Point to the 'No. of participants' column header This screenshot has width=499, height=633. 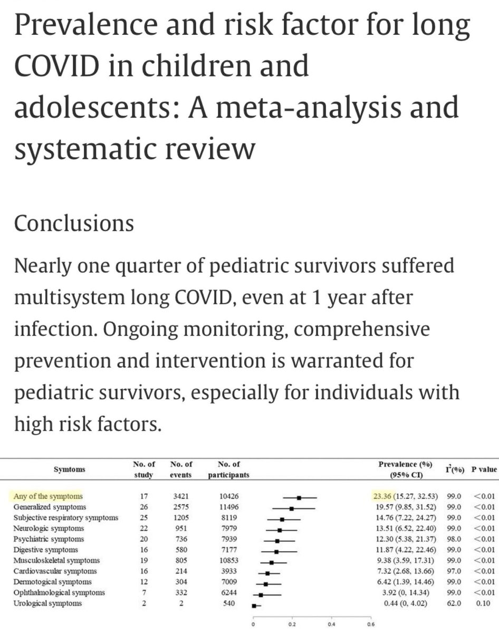pyautogui.click(x=228, y=469)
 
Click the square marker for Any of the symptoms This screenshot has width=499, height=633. pyautogui.click(x=299, y=497)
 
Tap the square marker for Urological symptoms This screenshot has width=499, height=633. pyautogui.click(x=254, y=606)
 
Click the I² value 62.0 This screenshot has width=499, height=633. pyautogui.click(x=449, y=603)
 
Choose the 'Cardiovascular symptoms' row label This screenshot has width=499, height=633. pyautogui.click(x=52, y=571)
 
